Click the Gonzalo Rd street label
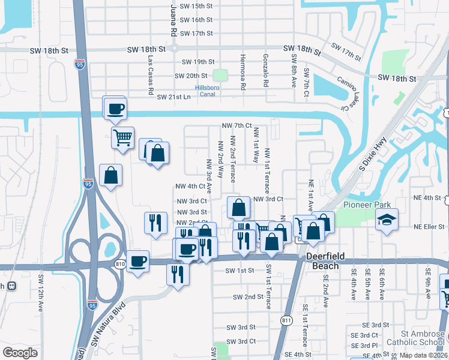tap(265, 70)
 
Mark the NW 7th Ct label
tap(236, 125)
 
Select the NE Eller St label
tap(429, 227)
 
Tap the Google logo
tap(20, 353)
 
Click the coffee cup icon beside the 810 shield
tap(137, 260)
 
